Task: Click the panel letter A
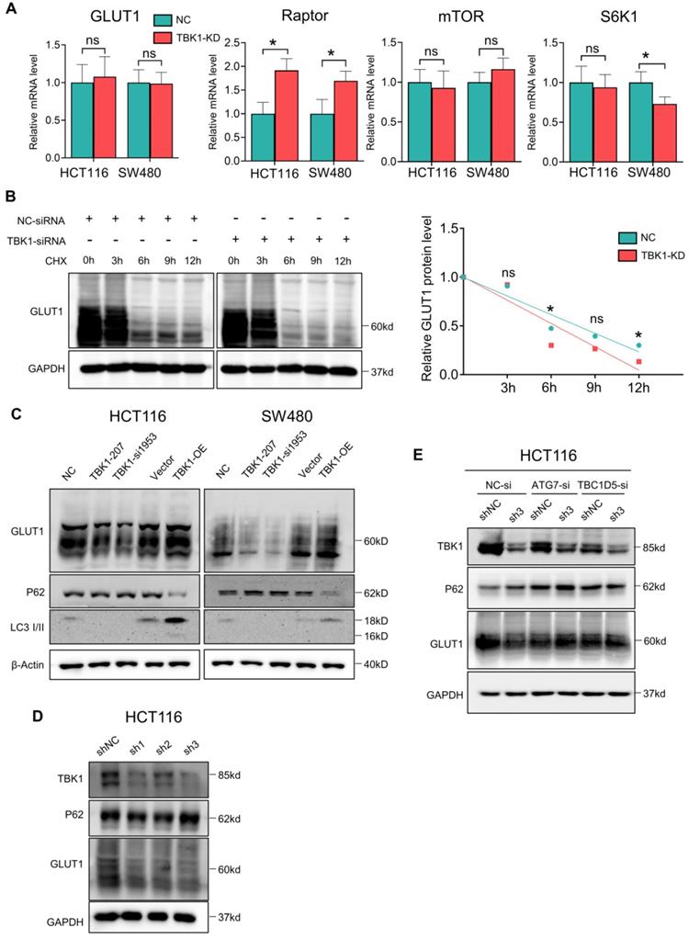coord(12,9)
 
